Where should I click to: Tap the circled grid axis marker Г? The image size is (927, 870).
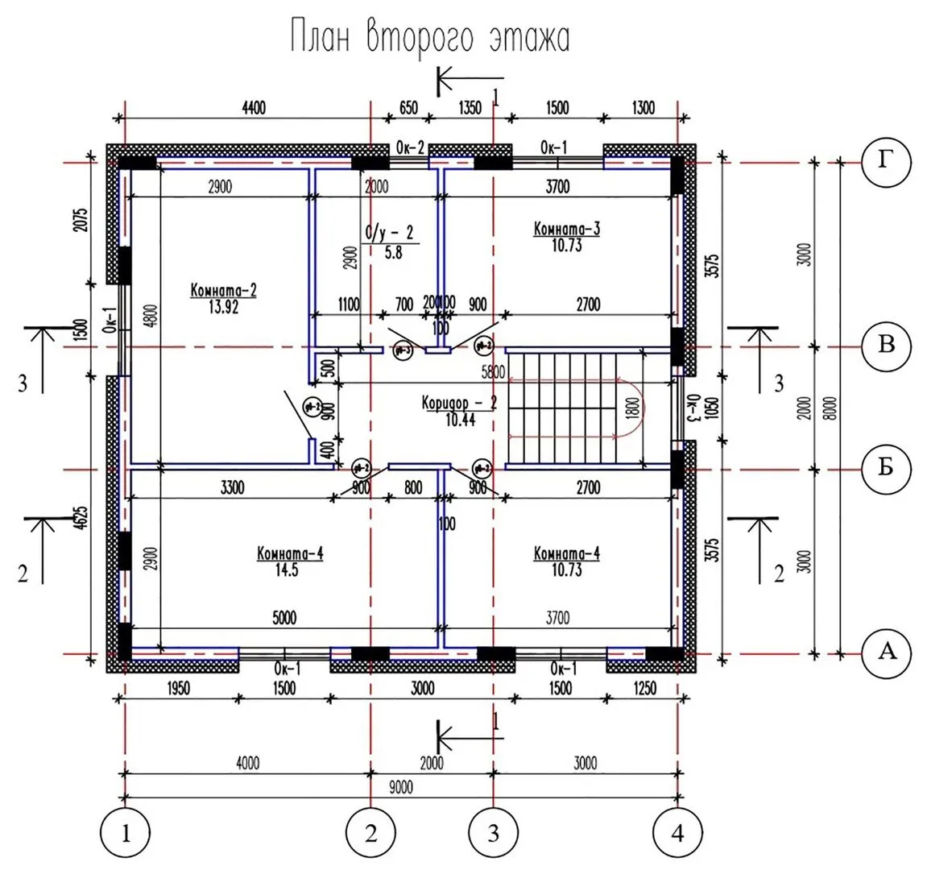click(886, 162)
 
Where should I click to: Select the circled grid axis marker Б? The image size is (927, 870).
click(886, 467)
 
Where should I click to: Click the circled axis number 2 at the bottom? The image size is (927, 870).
click(370, 833)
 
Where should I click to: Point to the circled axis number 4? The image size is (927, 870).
click(677, 833)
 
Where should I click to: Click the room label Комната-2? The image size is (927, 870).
click(224, 290)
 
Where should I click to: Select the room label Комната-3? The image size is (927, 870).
click(567, 229)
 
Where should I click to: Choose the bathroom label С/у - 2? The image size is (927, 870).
click(390, 234)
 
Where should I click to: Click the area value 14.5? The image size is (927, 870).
click(290, 569)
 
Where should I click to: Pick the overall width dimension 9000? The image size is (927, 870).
click(400, 787)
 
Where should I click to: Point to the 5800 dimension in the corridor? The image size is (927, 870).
click(492, 372)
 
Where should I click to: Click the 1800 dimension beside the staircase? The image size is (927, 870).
click(633, 408)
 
